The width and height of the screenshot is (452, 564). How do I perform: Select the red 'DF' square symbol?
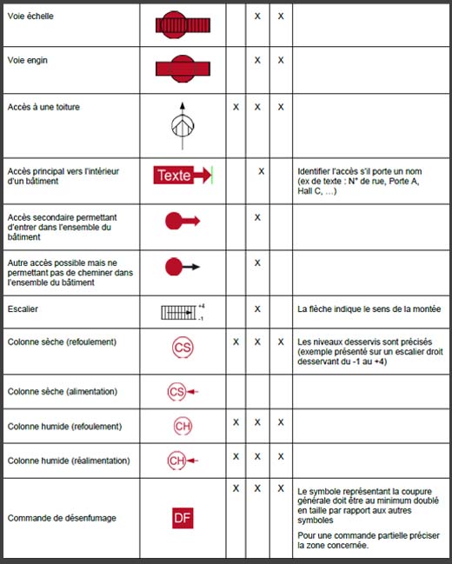[183, 518]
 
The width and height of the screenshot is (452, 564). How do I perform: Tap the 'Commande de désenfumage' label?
[61, 518]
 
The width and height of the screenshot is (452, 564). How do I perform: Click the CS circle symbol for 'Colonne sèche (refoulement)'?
[183, 348]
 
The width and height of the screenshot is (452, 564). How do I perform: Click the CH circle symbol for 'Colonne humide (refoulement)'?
[183, 427]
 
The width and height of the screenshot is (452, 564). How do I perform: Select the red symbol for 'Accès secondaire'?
[182, 222]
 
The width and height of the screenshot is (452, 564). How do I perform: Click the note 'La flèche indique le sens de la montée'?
[369, 309]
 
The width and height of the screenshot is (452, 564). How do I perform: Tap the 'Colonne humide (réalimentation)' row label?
[68, 460]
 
